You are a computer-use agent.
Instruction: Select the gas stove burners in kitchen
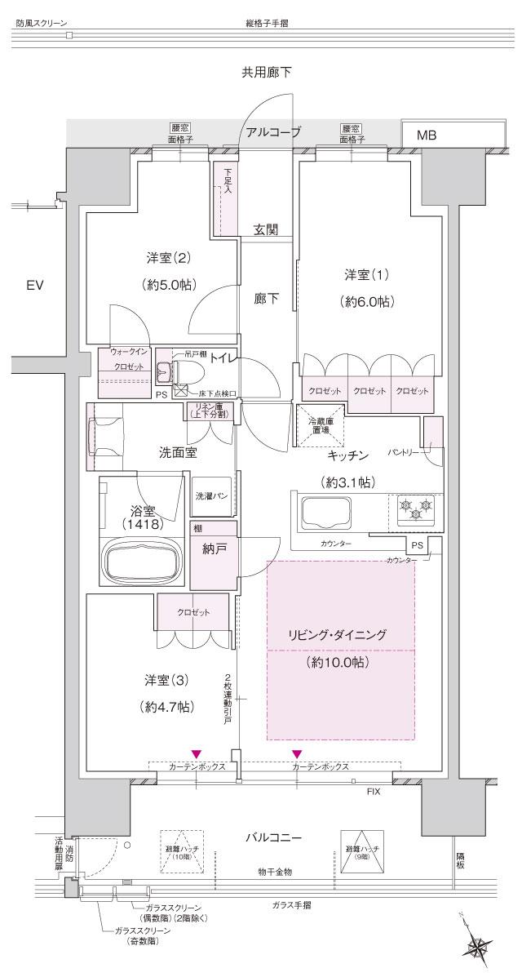(414, 510)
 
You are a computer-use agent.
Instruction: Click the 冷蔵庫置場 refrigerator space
(319, 426)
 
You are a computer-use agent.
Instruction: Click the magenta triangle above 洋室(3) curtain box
(196, 753)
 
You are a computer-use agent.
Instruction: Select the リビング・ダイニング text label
(342, 634)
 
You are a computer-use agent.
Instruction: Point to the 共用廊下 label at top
(266, 73)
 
